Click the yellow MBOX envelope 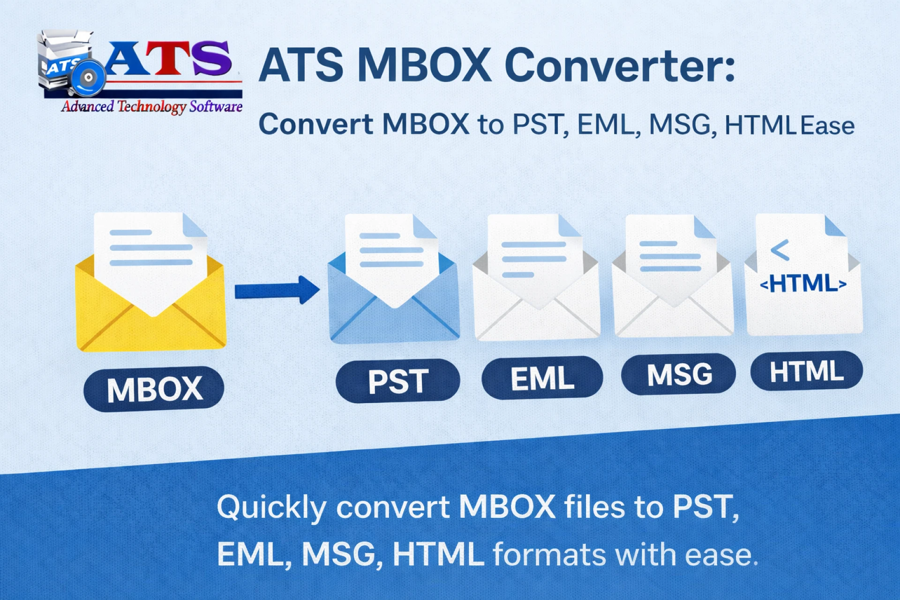151,309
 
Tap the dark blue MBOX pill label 154,389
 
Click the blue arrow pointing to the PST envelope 277,290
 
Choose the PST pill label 397,381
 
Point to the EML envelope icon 536,300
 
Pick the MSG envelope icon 673,300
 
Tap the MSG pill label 679,374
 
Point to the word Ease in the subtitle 827,126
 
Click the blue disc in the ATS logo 88,78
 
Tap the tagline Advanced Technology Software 152,106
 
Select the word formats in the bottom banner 549,555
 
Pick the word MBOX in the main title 424,66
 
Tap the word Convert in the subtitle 316,125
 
